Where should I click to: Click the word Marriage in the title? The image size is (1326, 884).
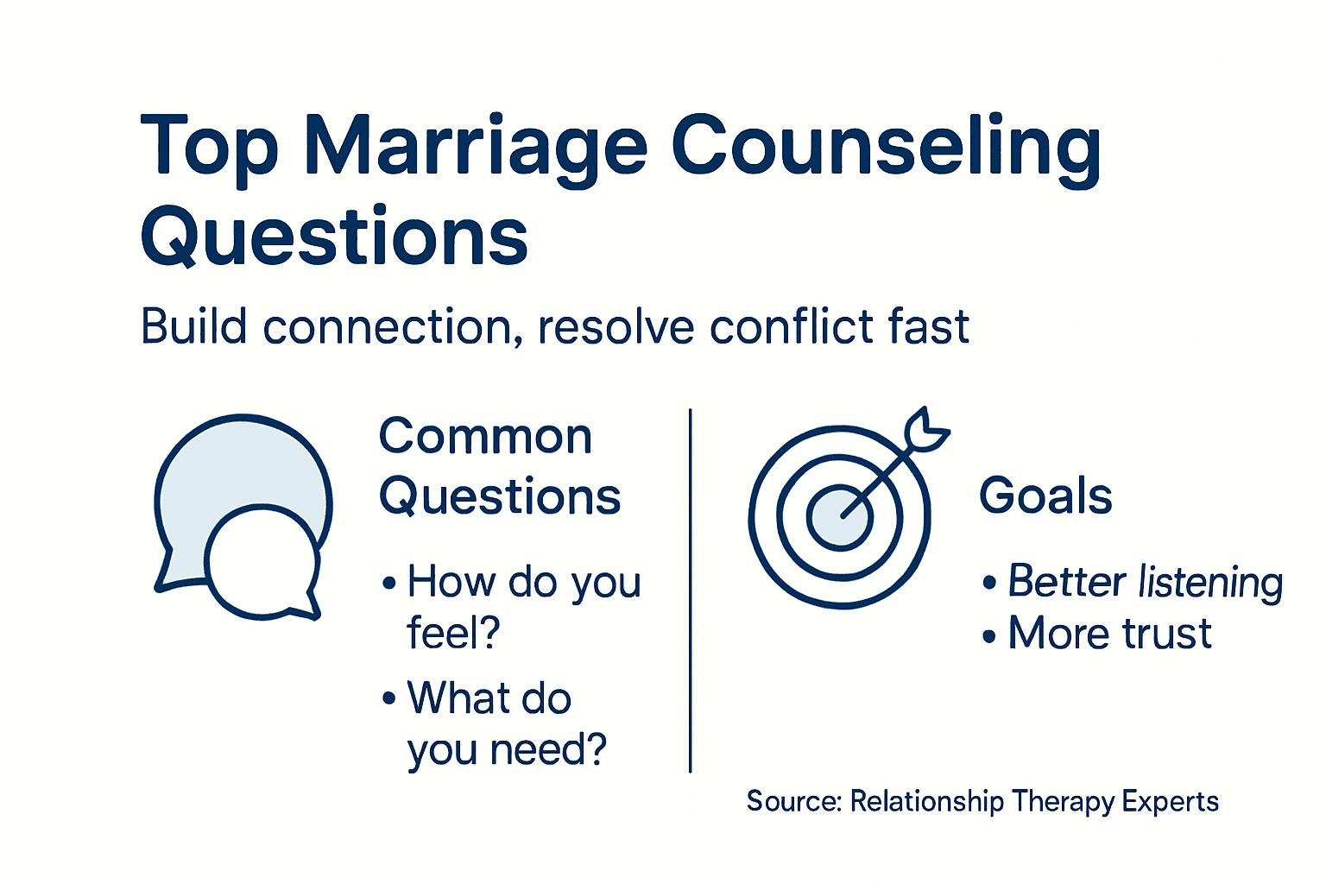point(475,147)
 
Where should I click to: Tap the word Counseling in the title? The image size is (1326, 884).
point(886,147)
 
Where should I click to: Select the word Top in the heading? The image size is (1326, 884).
point(209,147)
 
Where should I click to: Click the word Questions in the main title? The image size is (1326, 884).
point(334,237)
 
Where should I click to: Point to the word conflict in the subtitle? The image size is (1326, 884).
point(787,327)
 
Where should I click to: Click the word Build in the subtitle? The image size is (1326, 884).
point(194,327)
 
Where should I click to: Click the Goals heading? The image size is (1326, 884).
point(1045,496)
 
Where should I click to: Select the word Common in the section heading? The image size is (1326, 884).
point(485,436)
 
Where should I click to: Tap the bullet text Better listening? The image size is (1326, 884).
point(1145,581)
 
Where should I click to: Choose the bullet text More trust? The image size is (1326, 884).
point(1109,633)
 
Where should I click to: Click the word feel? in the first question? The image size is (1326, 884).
point(453,633)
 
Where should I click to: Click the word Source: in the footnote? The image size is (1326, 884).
point(793,801)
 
